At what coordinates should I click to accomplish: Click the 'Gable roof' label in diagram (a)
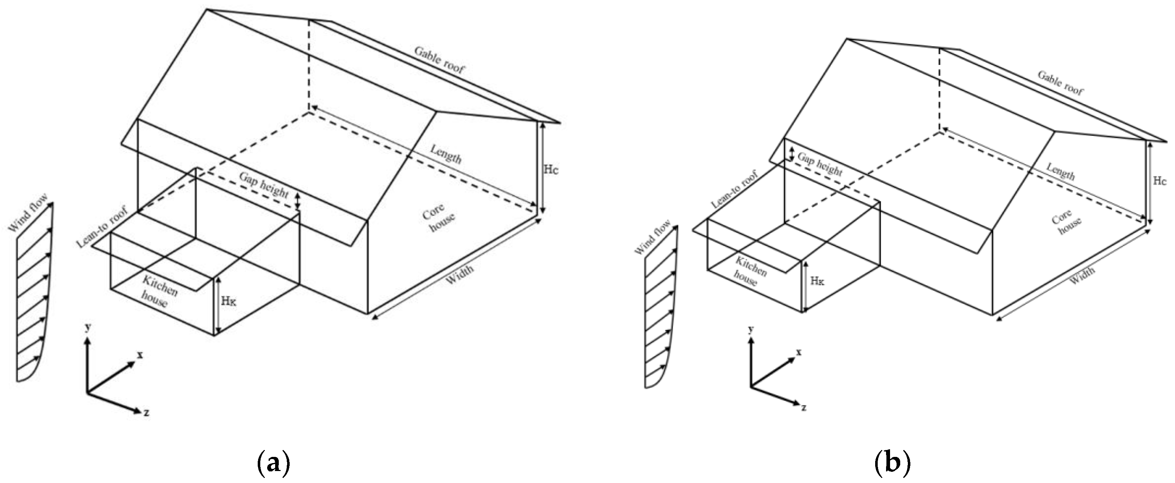(439, 60)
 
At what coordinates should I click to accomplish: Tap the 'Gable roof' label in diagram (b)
(1061, 83)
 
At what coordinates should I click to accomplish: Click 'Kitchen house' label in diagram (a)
(158, 292)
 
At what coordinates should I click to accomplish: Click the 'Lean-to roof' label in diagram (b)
(734, 190)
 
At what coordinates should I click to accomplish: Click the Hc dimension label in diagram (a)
(551, 169)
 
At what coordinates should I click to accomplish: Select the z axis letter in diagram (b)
(803, 407)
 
